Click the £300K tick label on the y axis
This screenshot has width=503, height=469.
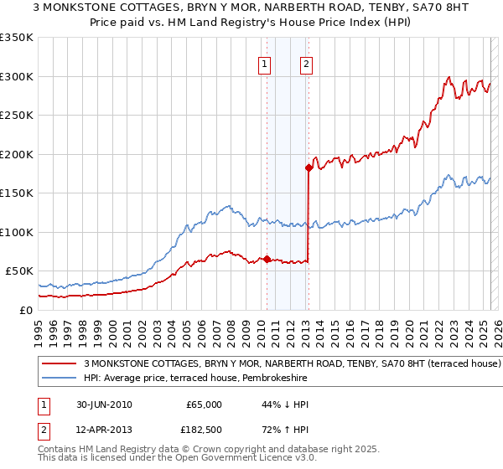(17, 76)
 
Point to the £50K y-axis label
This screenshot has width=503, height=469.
(20, 271)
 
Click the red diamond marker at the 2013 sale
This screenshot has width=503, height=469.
(309, 167)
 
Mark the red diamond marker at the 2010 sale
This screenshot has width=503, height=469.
(267, 259)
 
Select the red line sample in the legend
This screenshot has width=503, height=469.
(60, 364)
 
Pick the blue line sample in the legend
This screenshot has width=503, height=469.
(60, 379)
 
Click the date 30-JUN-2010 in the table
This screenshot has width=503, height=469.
(102, 405)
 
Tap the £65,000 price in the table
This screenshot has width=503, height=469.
(204, 405)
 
